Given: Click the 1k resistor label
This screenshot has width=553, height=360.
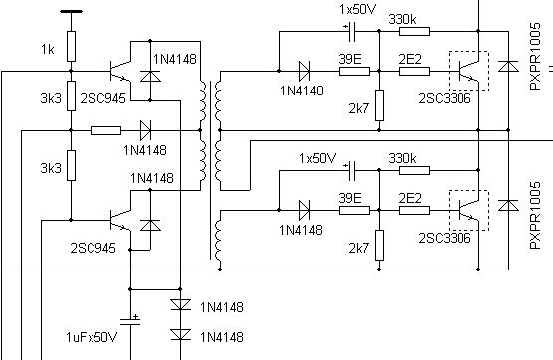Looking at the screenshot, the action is (48, 49).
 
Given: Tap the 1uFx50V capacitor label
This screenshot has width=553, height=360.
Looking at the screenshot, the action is (92, 337).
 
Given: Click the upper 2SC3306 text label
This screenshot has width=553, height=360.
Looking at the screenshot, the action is (445, 98).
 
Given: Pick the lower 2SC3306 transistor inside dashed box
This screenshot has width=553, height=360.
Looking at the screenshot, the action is (468, 211).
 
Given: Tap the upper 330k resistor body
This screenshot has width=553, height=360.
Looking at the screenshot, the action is (414, 32).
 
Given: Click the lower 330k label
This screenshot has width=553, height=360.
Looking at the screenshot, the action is (402, 158).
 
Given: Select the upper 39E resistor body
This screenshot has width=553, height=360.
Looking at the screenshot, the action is (354, 71).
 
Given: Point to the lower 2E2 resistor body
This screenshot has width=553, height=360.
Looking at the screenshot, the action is (414, 211).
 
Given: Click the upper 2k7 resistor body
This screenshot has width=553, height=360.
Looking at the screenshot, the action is (379, 105).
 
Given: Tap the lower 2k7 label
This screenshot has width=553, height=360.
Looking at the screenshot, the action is (359, 249).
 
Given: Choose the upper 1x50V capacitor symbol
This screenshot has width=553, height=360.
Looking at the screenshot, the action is (351, 32).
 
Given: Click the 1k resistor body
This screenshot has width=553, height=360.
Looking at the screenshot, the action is (71, 46).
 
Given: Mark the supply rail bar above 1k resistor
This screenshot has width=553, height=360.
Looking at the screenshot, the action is (71, 12).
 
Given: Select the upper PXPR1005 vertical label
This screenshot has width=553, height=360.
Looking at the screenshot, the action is (535, 57).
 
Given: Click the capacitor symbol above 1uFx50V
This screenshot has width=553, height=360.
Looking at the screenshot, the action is (130, 320).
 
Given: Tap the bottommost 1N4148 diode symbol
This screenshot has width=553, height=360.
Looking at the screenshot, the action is (181, 334).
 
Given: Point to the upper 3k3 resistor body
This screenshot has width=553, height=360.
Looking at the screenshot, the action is (71, 95).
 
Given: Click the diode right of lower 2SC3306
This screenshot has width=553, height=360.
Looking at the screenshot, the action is (508, 205).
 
